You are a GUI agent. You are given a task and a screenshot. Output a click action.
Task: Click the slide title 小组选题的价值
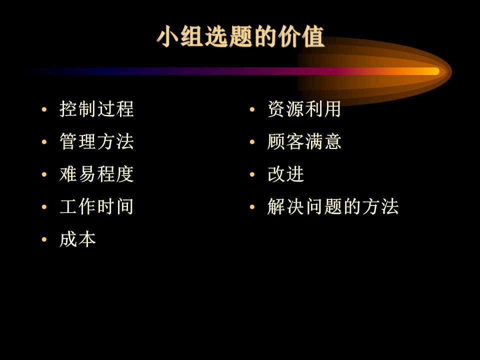240,36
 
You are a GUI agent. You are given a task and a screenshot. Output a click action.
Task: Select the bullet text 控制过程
96,109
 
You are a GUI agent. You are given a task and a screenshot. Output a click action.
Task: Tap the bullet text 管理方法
96,141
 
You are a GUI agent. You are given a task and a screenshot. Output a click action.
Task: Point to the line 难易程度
96,174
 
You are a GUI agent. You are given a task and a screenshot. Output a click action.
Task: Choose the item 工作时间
96,206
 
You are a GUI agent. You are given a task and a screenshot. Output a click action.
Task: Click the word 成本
78,239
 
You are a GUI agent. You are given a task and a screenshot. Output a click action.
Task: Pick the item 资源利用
304,109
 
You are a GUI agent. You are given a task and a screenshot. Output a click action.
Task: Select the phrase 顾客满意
304,141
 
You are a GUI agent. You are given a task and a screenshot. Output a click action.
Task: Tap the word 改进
286,174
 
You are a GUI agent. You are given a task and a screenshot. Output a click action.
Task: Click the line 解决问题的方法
333,206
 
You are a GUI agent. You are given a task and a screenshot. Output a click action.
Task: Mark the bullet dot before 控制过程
44,109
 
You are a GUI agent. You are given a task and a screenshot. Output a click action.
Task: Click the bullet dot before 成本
44,239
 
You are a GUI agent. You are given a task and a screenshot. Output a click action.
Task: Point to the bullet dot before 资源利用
252,109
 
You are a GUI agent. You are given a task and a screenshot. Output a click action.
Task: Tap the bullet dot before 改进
252,174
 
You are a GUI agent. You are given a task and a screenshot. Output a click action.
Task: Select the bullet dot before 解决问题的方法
252,207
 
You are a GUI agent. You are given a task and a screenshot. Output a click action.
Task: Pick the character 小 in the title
167,36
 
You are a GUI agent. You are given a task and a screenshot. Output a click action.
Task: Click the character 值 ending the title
313,36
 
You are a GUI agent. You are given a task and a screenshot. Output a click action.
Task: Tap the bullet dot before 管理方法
44,141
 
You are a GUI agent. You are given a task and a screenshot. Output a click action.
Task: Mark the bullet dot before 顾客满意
252,141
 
